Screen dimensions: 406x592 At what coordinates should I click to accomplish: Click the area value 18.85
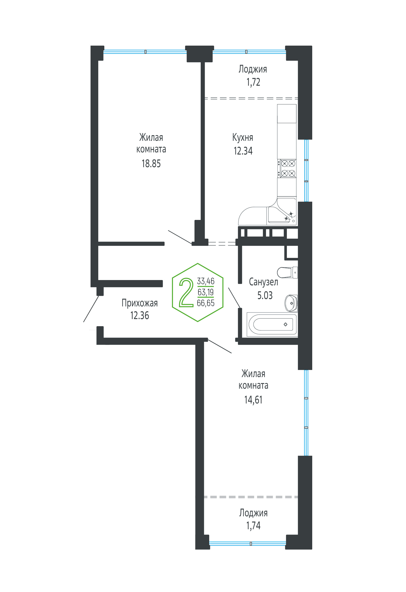[151, 164]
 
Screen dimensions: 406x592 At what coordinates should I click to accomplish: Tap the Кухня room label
[243, 137]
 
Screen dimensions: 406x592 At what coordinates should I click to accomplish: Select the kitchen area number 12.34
[243, 151]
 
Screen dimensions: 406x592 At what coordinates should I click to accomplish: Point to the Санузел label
[263, 282]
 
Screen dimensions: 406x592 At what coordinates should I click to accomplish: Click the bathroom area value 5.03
[265, 295]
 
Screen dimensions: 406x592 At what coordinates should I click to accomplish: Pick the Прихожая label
[139, 303]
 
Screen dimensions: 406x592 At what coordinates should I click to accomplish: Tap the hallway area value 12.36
[139, 316]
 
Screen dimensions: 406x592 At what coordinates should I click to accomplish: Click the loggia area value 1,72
[253, 82]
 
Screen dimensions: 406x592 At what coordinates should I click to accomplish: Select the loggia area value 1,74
[253, 526]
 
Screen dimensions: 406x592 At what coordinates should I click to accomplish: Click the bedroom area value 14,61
[253, 400]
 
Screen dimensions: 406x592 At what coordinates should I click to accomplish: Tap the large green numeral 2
[186, 292]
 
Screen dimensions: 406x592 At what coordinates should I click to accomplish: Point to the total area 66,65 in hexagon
[206, 303]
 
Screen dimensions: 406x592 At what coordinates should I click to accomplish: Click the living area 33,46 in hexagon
[206, 281]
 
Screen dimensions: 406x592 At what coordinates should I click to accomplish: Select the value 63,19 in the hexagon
[206, 292]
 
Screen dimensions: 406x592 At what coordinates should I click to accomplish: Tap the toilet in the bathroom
[287, 272]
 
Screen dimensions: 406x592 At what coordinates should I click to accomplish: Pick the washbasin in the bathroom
[291, 303]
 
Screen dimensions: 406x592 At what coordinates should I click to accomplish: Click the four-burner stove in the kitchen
[287, 168]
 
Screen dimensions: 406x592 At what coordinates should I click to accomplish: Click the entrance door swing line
[91, 309]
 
